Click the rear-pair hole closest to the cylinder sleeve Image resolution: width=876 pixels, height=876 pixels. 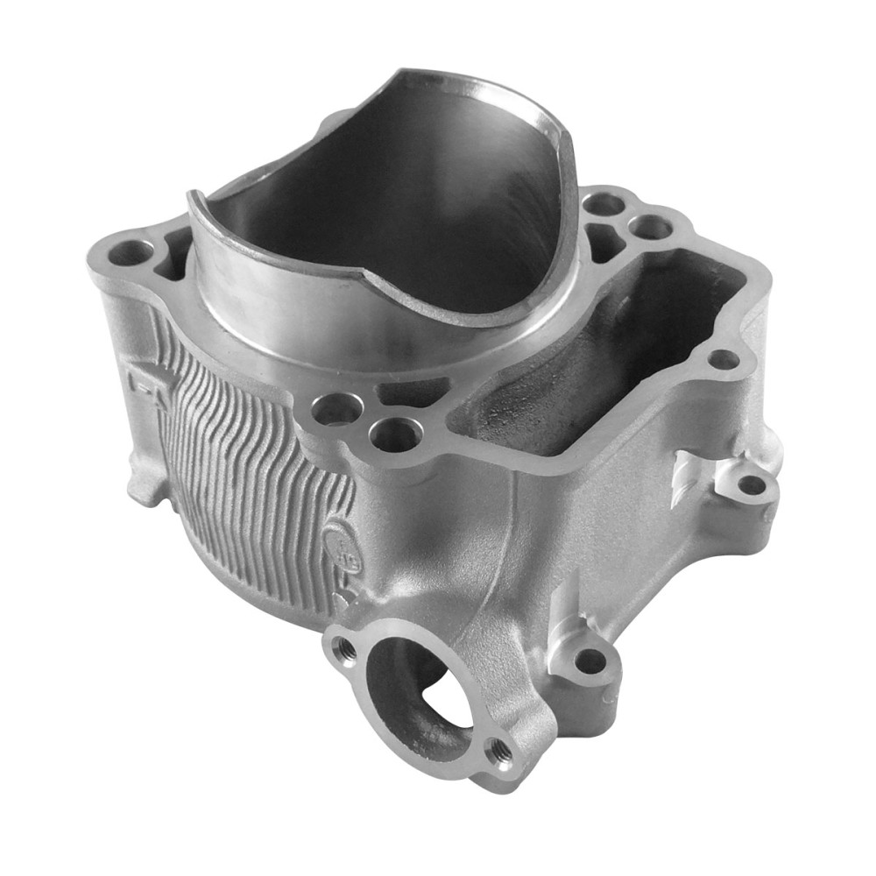[605, 205]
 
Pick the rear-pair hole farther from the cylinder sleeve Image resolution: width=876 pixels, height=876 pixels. [652, 228]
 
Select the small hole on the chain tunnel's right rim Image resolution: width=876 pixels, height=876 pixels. [723, 359]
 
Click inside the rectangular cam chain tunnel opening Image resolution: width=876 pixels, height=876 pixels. [604, 350]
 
